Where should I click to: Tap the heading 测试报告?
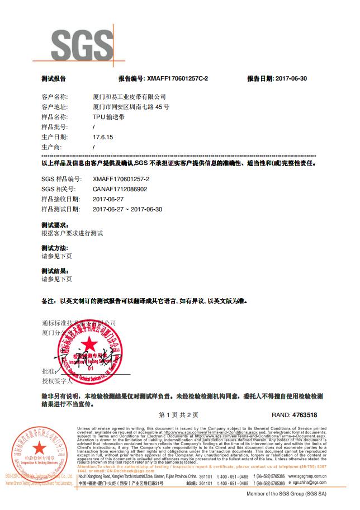point(53,79)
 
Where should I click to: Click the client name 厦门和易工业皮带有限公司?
point(129,97)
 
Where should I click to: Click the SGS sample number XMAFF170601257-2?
point(121,179)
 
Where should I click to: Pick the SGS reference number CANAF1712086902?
point(120,189)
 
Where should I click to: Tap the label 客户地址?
point(54,107)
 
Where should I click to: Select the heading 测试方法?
point(54,248)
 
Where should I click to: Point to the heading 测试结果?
point(54,271)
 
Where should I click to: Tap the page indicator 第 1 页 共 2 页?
point(179,415)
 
